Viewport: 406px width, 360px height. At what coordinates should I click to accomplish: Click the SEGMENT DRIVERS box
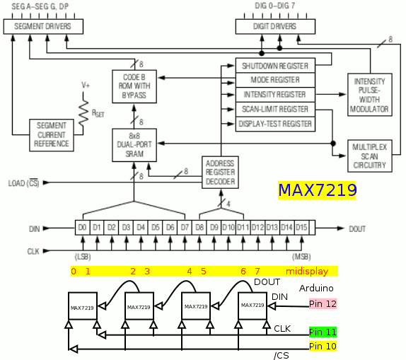(x=43, y=26)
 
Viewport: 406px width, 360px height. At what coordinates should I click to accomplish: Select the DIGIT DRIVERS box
(x=275, y=26)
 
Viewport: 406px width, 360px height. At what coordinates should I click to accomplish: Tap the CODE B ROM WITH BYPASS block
(x=134, y=86)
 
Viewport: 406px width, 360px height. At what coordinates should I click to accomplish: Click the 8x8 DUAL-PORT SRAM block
(x=134, y=145)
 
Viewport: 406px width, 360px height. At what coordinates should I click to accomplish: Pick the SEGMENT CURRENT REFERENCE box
(x=52, y=135)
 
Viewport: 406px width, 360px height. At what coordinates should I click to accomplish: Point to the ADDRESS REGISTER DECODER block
(x=220, y=173)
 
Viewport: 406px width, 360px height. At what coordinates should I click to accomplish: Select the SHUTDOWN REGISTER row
(x=275, y=66)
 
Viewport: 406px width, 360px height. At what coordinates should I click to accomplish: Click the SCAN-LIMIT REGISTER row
(x=275, y=110)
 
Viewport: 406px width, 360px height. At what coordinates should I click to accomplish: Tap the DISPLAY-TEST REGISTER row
(x=275, y=124)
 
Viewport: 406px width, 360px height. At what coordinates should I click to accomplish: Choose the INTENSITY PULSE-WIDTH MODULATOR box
(x=370, y=95)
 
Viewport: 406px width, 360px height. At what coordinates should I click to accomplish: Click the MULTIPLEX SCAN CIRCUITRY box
(x=370, y=156)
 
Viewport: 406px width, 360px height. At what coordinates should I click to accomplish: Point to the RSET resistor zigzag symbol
(x=83, y=113)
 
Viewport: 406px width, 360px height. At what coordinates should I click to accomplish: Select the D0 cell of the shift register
(x=83, y=228)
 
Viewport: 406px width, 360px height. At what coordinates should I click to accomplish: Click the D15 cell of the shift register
(x=301, y=228)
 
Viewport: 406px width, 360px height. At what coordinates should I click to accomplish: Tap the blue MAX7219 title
(x=317, y=190)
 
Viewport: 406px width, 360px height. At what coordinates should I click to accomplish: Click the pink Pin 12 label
(x=323, y=304)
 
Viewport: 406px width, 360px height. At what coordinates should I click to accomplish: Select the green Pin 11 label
(x=323, y=332)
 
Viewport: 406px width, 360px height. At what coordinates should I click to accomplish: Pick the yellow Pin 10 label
(x=323, y=347)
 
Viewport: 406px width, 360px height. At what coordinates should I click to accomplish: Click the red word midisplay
(x=307, y=272)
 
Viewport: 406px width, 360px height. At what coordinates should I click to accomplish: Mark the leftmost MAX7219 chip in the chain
(x=83, y=306)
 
